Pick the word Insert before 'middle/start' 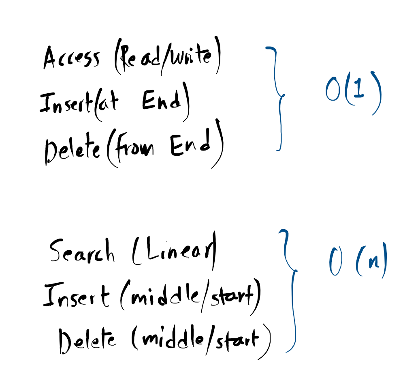pos(76,296)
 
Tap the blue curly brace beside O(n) pos(291,290)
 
